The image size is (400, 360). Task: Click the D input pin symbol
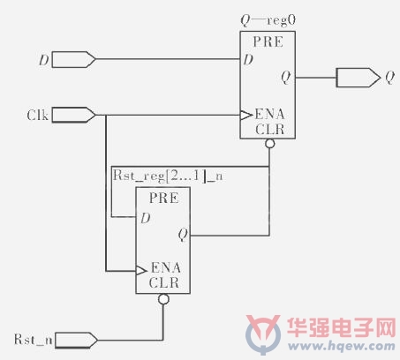click(73, 59)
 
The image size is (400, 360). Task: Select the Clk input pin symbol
click(73, 115)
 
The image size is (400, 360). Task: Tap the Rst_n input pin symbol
click(76, 341)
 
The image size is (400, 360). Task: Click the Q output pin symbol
click(358, 78)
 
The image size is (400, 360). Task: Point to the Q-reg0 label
click(268, 20)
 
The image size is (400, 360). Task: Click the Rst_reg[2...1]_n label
click(168, 176)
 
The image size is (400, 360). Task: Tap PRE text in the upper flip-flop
click(268, 41)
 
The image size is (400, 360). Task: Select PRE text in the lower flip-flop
click(163, 198)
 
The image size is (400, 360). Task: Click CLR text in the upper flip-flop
click(269, 129)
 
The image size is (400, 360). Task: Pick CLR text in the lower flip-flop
click(164, 282)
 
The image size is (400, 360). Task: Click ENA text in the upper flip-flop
click(269, 114)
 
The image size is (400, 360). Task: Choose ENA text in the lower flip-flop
click(166, 267)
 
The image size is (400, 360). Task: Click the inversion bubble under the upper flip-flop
click(269, 144)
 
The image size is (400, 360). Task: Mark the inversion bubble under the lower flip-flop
click(163, 299)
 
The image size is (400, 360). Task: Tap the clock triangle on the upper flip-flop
click(246, 115)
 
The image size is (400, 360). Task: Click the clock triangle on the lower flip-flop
click(141, 270)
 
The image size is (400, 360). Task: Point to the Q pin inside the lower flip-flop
click(183, 235)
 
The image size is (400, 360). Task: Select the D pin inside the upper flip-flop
click(248, 60)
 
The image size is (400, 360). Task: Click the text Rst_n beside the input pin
click(34, 340)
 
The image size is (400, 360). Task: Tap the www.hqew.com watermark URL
click(342, 347)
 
